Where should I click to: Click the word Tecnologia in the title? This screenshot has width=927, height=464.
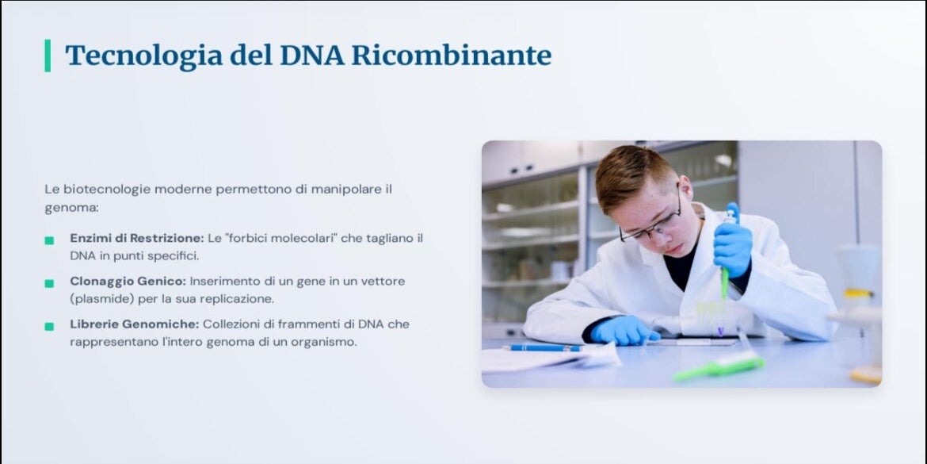144,56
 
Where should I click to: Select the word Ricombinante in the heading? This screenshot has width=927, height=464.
452,55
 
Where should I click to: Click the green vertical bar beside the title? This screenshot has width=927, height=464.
48,56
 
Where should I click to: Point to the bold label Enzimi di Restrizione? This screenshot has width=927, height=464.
136,238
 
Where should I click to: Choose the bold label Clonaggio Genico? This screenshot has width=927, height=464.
128,281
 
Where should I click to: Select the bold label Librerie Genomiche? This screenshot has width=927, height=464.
134,324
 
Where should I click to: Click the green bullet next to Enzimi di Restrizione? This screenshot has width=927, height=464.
49,240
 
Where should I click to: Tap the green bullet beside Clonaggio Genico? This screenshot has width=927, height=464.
49,283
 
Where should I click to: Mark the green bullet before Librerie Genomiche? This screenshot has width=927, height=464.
49,326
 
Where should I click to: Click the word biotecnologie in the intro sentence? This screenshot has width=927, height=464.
108,190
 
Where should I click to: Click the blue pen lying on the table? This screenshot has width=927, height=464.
543,348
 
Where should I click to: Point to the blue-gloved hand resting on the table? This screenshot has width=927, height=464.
624,330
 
